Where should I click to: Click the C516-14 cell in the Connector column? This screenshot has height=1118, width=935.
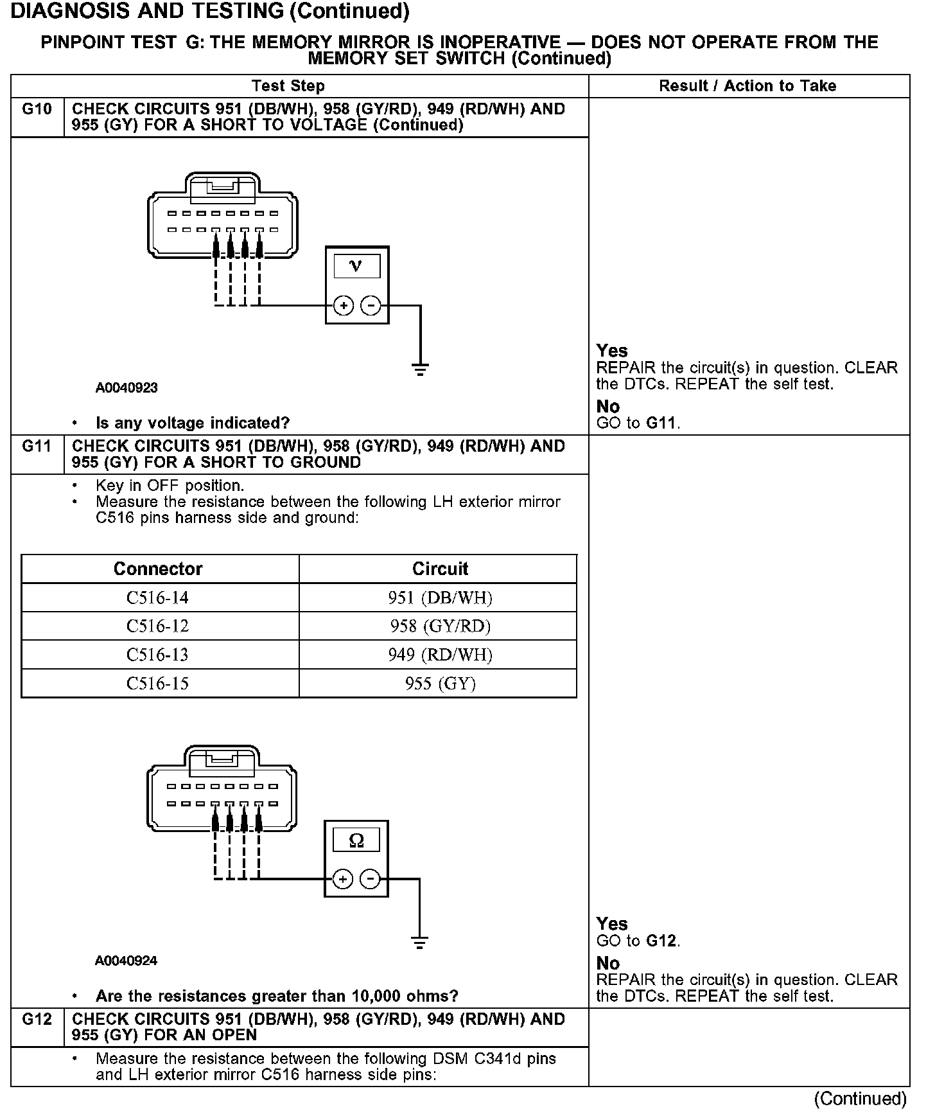[x=157, y=598]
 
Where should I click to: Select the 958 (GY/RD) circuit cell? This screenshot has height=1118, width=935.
[x=440, y=626]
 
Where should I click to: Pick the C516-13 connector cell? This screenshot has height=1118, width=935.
[x=157, y=655]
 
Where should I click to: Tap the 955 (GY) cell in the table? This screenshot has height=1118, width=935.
[x=440, y=683]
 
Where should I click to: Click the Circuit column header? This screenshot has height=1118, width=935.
[x=440, y=569]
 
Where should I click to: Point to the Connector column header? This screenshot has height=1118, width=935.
[x=158, y=569]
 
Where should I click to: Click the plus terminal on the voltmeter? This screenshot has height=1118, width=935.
[x=344, y=305]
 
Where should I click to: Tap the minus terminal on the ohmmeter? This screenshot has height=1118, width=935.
[x=370, y=878]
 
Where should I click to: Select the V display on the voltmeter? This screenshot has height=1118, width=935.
[x=356, y=266]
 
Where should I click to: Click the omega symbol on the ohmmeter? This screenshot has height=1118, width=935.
[x=356, y=840]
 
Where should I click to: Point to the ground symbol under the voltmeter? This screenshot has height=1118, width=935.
[x=420, y=369]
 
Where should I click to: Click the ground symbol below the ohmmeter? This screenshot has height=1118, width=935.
[x=419, y=943]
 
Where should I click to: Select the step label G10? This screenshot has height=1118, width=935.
[x=37, y=109]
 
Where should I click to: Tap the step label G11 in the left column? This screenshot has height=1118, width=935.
[x=37, y=446]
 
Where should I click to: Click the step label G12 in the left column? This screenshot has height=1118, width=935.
[x=37, y=1019]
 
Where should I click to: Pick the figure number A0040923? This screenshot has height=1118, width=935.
[x=127, y=387]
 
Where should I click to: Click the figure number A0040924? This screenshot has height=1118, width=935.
[x=127, y=961]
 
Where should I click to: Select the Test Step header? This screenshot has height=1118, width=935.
[x=288, y=86]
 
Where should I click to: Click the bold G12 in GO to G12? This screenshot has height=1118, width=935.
[x=661, y=941]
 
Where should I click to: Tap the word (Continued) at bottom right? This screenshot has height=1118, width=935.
[x=860, y=1099]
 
